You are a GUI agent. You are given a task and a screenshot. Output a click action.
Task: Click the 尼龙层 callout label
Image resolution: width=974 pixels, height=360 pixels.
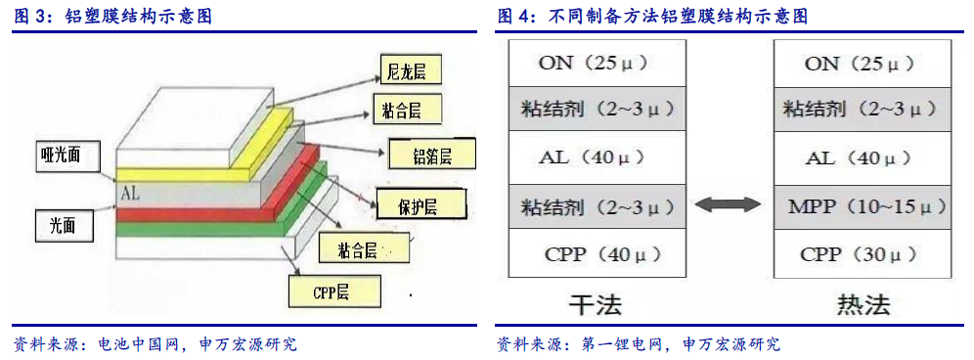(x=411, y=69)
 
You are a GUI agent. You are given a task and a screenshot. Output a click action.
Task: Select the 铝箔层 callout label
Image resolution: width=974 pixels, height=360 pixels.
(x=431, y=155)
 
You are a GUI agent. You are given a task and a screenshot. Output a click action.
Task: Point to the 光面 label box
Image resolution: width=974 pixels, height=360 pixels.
(x=64, y=225)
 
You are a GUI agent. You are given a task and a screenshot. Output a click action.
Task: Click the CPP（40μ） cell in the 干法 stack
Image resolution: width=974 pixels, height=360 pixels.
(x=597, y=253)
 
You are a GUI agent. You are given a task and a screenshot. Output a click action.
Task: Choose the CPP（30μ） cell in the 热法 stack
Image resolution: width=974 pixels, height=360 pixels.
(x=863, y=253)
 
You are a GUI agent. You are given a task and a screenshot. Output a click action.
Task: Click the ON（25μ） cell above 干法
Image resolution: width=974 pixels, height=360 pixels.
(x=597, y=63)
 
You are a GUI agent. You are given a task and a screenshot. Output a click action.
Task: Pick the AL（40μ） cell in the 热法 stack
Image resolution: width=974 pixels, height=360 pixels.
(x=863, y=157)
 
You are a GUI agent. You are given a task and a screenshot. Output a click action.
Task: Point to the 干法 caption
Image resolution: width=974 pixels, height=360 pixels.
(x=596, y=304)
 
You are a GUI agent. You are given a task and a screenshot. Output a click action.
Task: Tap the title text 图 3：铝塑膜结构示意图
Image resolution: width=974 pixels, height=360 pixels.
(x=113, y=17)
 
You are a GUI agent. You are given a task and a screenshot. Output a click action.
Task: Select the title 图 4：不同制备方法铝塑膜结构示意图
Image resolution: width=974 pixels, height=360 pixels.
(x=652, y=17)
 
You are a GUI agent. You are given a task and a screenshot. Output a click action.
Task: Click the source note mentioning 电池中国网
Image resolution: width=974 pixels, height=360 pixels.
(x=155, y=343)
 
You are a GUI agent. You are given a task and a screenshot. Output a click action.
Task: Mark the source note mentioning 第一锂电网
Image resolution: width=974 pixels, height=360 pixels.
(x=639, y=343)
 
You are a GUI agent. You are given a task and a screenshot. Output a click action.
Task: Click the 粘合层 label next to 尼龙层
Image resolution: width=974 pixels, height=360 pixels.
(x=408, y=111)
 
